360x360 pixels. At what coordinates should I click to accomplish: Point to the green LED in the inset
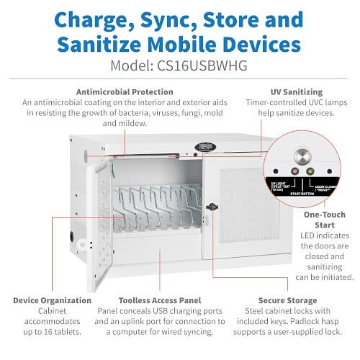[x=310, y=172]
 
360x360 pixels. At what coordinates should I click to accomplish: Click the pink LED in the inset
[x=294, y=172]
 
